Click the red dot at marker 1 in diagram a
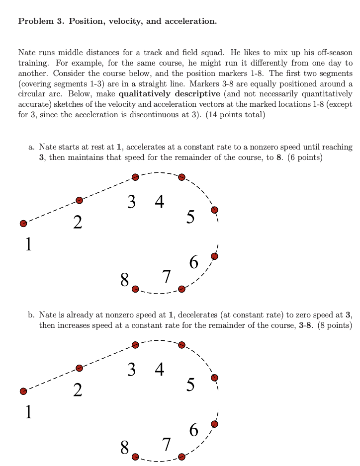pos(23,224)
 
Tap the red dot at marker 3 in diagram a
pos(135,177)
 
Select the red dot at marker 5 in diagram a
pos(214,210)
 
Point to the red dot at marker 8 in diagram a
pos(135,289)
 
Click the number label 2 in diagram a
pos(78,222)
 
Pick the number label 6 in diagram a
pos(194,261)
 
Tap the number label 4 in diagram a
pos(159,201)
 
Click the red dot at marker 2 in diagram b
pos(79,368)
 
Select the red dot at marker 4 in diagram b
pos(181,345)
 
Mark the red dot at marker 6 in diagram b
pos(214,424)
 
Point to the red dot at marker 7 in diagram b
pos(181,457)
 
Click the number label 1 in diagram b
pos(28,412)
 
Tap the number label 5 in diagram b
pos(190,385)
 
